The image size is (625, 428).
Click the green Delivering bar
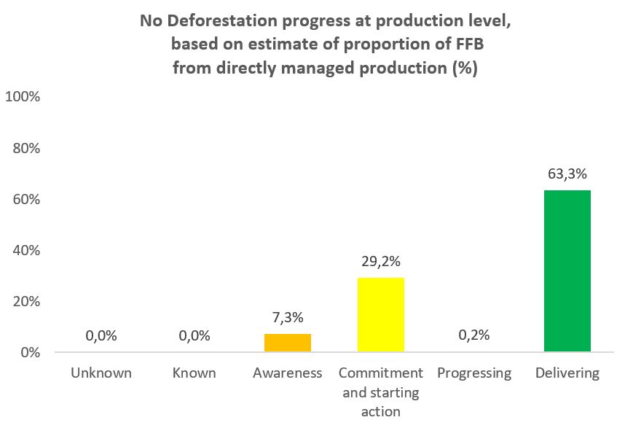(567, 271)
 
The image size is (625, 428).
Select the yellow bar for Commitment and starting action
(381, 315)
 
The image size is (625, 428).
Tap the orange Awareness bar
(288, 343)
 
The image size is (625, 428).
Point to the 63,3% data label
(567, 174)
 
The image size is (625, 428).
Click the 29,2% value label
(381, 261)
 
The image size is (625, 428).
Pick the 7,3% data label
(288, 317)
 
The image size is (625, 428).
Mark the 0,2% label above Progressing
(474, 335)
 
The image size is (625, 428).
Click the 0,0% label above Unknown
(101, 336)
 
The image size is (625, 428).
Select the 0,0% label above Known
(194, 336)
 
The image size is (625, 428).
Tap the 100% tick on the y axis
(23, 96)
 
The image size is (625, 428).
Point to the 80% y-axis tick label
(26, 149)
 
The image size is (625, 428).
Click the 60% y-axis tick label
(26, 200)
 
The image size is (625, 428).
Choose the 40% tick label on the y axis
(26, 251)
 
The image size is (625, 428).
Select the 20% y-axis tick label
(26, 302)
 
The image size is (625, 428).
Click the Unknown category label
(101, 373)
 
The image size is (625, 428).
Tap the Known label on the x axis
(194, 373)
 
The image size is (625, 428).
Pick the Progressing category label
(474, 374)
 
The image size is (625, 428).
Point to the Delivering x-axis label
(567, 374)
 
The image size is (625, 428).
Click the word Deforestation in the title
(222, 20)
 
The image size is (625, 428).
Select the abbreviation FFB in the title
(470, 44)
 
